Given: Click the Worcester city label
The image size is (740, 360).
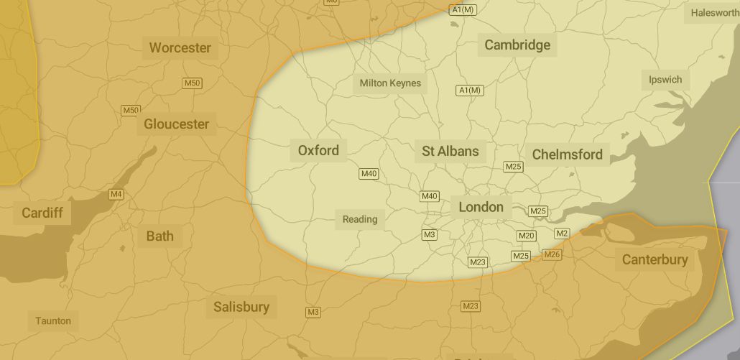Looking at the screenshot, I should coord(180,48).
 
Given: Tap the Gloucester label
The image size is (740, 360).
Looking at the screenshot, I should coord(176,124).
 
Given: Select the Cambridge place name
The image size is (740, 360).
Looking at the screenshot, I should coord(517,45).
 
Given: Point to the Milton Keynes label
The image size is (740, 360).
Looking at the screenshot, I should coord(390,83).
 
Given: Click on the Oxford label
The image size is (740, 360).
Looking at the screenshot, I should coord(318,151).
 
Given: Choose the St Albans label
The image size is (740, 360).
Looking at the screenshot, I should coord(450,151).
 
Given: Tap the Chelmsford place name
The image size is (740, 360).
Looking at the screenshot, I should coord(567,154).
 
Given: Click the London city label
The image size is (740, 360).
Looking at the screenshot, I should coord(481,207).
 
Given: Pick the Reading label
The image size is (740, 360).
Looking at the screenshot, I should coord(360,219).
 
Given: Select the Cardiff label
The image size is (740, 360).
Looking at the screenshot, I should coord(42,213).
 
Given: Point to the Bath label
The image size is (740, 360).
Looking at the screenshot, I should coord(159,236).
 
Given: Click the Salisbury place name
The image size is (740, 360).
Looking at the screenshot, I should coord(241,308).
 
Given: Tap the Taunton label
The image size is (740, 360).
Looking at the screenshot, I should coord(53,320).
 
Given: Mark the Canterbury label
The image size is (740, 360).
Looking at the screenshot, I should coord(655,259).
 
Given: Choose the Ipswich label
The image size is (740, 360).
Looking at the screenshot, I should coord(665,80).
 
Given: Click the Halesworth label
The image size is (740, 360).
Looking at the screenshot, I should coord(714,13).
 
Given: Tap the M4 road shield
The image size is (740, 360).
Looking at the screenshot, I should coord(116,195).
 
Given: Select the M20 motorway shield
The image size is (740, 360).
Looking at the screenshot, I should coord(526,236).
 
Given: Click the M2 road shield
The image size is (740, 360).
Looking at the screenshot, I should coord(562,233).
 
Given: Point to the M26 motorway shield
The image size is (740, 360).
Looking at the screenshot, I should coord(552,254).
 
